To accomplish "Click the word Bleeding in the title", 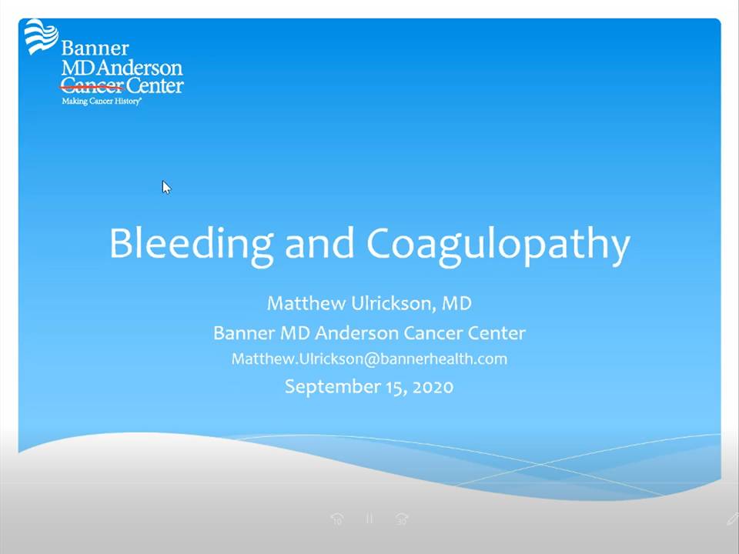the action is click(192, 243).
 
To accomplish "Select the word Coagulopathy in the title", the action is click(498, 243).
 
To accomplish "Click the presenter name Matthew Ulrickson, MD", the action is click(369, 303).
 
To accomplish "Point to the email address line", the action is click(369, 359).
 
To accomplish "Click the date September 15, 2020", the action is click(369, 387).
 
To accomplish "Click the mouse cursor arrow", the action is click(166, 187).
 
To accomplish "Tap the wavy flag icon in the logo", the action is click(41, 36).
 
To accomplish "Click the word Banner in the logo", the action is click(95, 48).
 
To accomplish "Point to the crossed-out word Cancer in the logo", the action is click(92, 85).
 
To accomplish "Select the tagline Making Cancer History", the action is click(102, 101).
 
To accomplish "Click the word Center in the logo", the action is click(155, 85).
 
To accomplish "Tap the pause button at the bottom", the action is click(369, 519).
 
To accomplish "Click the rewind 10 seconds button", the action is click(337, 519).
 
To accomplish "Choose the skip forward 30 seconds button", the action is click(402, 519).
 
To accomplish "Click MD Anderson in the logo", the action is click(122, 68).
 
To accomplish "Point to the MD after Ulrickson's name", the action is click(456, 303).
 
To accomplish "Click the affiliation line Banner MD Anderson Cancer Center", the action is click(369, 333).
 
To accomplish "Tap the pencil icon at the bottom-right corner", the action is click(732, 519).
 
